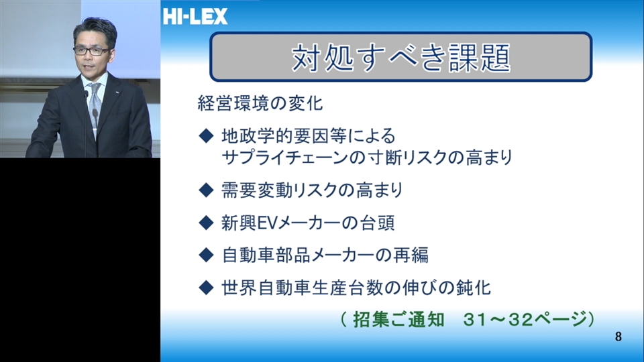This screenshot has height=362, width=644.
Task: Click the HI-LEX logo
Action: point(195,16)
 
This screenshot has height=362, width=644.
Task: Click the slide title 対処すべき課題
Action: point(401,58)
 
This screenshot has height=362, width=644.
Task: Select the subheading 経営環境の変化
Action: point(260,103)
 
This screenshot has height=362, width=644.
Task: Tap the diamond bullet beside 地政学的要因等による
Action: point(206,136)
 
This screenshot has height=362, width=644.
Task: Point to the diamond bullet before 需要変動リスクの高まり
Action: point(206,190)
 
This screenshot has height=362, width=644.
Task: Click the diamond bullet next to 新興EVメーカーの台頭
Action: point(206,223)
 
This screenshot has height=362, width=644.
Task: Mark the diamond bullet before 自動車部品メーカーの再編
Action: point(206,255)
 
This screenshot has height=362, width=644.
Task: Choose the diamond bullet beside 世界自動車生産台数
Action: point(206,288)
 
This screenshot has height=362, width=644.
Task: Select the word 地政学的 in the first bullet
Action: point(257,136)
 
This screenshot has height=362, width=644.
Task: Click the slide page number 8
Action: point(618,337)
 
